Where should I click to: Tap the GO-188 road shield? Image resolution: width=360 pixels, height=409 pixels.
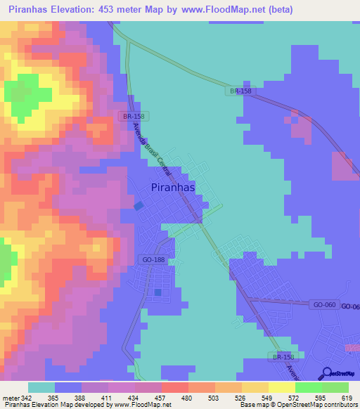tap(154, 259)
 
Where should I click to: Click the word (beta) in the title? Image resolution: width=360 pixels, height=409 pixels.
tap(279, 9)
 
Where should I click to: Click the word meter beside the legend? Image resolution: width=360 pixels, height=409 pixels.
tap(9, 398)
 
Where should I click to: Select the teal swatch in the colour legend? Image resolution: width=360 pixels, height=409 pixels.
tap(41, 387)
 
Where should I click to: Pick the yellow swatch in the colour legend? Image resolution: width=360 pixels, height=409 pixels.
tap(281, 387)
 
